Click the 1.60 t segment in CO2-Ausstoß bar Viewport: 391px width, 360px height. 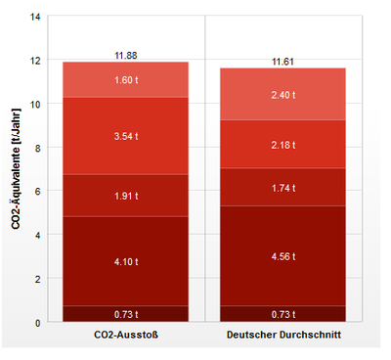pyautogui.click(x=125, y=80)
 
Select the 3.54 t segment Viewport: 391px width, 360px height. pyautogui.click(x=125, y=136)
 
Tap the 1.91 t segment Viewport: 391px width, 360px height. pyautogui.click(x=125, y=195)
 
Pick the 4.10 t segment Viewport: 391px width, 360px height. pyautogui.click(x=125, y=261)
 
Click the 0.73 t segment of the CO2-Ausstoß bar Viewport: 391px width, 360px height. pyautogui.click(x=125, y=314)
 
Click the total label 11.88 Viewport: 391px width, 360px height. pyautogui.click(x=125, y=55)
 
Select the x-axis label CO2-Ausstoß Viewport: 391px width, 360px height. pyautogui.click(x=125, y=337)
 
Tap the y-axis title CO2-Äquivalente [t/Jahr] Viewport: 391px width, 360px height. pyautogui.click(x=17, y=170)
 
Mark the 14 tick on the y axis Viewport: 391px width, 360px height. pyautogui.click(x=36, y=17)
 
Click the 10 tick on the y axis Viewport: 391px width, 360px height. pyautogui.click(x=36, y=104)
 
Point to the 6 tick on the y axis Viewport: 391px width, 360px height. pyautogui.click(x=38, y=192)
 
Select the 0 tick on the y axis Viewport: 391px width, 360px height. pyautogui.click(x=38, y=322)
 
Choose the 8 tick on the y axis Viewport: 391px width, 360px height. pyautogui.click(x=38, y=148)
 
